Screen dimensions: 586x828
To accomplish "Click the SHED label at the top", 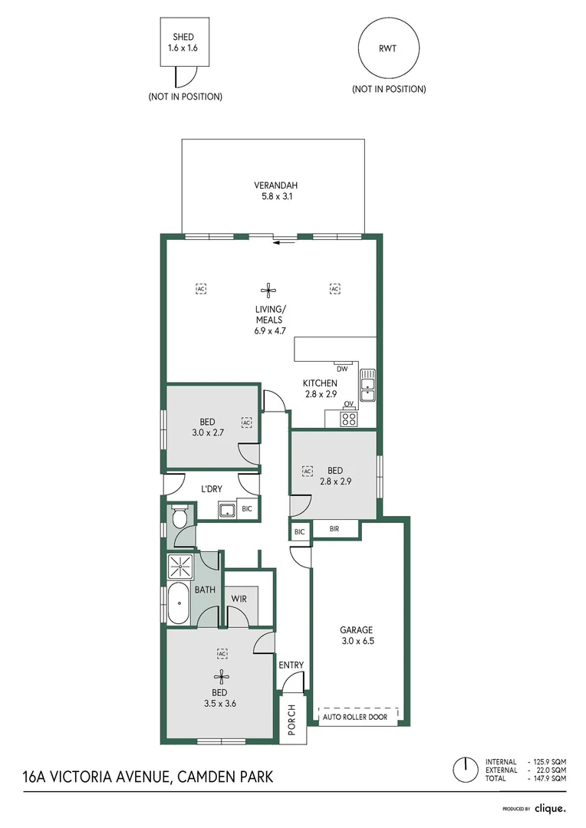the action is [183, 37].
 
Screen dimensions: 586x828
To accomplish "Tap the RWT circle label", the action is [387, 48].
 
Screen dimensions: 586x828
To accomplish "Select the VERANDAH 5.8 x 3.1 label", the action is [276, 191].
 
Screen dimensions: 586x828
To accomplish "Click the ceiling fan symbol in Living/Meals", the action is [268, 289].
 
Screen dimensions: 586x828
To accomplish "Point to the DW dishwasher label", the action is [342, 369].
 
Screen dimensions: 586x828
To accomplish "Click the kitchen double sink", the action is [367, 385].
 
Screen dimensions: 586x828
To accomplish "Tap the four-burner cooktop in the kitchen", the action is [348, 419].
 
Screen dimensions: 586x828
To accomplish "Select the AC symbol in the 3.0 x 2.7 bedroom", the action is [246, 422].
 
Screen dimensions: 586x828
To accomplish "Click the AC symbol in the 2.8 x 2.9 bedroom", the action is [307, 471].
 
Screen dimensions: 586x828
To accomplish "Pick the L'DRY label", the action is [212, 489].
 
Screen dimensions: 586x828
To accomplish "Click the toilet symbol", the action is [180, 517].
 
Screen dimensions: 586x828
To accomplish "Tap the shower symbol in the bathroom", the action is [181, 567].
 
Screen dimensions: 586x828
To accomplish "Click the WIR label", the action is [239, 599].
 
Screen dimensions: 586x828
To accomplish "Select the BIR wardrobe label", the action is [334, 528].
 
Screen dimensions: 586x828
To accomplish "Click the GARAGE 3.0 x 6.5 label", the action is [357, 636].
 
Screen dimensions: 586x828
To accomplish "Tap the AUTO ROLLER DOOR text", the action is [355, 717].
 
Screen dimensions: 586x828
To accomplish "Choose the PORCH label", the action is [291, 720].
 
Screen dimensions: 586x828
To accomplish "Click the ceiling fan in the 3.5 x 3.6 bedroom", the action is [222, 676].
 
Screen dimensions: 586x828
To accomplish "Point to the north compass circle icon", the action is [466, 770].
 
